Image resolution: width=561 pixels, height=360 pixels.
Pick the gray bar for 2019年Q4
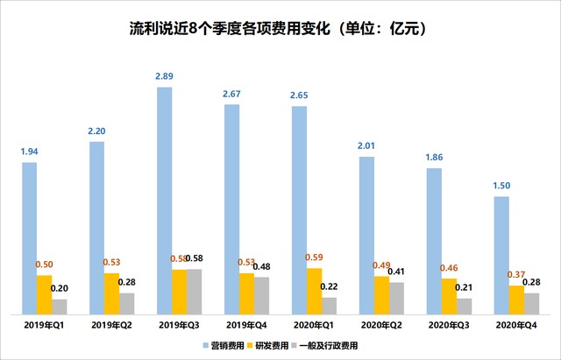[261, 295]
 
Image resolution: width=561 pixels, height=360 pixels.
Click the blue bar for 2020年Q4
[501, 255]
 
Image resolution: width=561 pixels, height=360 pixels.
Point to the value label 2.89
[164, 77]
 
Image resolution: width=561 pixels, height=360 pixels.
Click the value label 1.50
[501, 187]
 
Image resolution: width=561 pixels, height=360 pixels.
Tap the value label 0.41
[397, 272]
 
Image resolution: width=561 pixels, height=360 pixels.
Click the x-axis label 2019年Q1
[44, 324]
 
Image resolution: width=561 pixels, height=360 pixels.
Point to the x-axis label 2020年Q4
[516, 324]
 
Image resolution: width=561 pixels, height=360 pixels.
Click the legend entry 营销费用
[224, 346]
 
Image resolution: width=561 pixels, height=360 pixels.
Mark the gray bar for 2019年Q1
[59, 307]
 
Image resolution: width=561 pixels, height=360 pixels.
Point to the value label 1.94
[30, 152]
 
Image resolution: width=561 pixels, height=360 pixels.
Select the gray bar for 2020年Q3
[464, 306]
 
